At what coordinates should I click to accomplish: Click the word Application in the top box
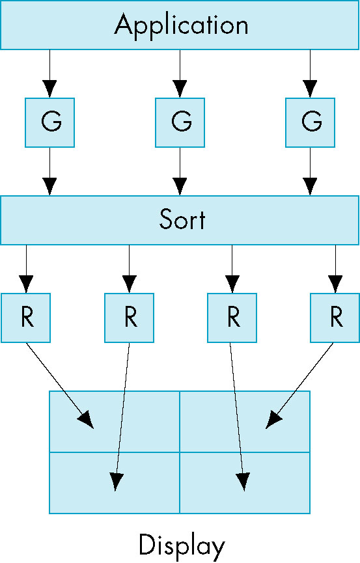point(182,25)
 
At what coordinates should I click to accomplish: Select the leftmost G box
point(50,122)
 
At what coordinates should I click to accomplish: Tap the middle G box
point(180,122)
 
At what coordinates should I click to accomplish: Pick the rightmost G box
point(310,122)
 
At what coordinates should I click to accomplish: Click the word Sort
point(182,219)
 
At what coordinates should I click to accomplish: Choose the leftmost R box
point(26,318)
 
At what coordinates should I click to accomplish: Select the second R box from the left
point(130,318)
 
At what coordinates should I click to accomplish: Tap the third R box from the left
point(232,318)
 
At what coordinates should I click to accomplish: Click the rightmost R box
point(335,318)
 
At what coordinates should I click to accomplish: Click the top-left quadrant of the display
point(115,422)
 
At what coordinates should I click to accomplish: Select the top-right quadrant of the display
point(245,422)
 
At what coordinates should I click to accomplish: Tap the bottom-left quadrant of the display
point(115,483)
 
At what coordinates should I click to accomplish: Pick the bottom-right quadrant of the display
point(245,483)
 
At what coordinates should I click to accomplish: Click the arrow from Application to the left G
point(50,74)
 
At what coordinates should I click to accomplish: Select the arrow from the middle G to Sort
point(180,172)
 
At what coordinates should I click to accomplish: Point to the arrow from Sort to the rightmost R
point(335,269)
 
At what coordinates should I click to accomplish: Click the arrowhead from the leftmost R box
point(85,420)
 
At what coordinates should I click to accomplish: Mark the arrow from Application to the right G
point(310,74)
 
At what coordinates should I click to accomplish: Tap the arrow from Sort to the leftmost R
point(26,269)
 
